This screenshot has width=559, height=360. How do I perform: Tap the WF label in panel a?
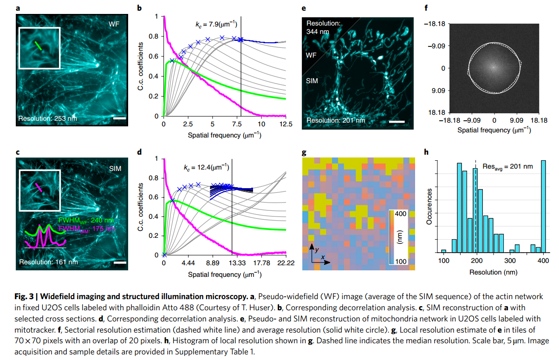tap(114, 23)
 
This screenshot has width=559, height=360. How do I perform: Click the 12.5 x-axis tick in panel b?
tap(286, 124)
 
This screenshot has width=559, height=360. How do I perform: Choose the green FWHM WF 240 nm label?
tap(84, 220)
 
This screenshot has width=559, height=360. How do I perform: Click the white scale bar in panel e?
tap(397, 122)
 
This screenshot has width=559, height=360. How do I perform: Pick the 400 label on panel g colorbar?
tap(401, 213)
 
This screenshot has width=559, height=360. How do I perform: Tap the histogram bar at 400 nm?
tap(543, 206)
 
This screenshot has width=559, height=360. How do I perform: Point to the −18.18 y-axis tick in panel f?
tap(448, 24)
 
